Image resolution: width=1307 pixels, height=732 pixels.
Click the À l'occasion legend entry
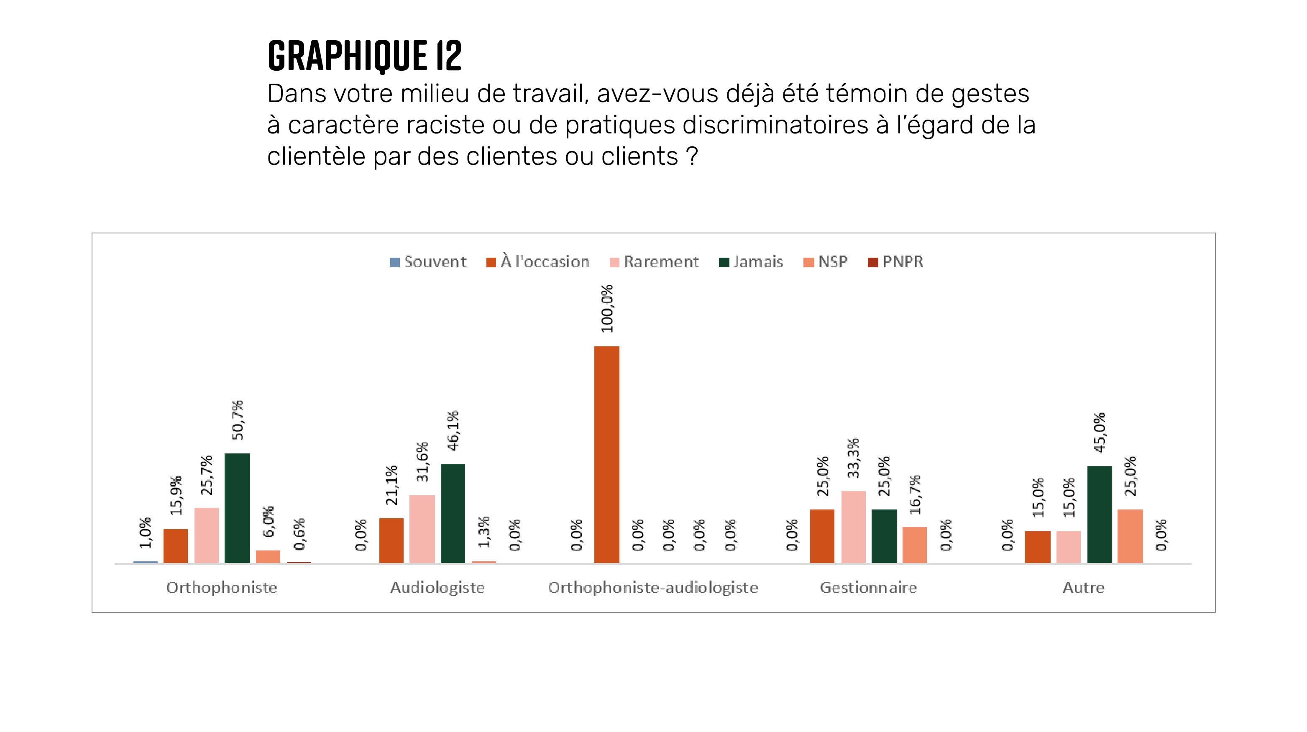point(538,262)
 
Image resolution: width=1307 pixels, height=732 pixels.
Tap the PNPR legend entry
point(895,262)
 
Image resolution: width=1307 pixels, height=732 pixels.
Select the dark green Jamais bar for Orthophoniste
point(238,508)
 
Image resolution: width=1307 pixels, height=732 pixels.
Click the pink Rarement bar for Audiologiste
point(422,529)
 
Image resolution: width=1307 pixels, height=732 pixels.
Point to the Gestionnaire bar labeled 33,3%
point(853,527)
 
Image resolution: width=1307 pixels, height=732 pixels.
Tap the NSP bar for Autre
point(1131,536)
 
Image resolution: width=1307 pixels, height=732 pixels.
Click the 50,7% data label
point(238,420)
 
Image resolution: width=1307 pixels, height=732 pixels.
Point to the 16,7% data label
point(915,494)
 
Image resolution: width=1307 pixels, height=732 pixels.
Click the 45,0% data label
point(1100,433)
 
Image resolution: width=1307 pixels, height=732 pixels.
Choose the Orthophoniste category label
point(222,587)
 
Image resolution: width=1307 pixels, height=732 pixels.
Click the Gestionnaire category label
point(868,587)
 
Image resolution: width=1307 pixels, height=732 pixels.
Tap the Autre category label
point(1083,587)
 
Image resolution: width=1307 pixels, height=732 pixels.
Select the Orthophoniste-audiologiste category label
point(653,587)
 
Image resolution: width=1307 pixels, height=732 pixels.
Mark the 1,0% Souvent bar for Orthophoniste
point(146,562)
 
